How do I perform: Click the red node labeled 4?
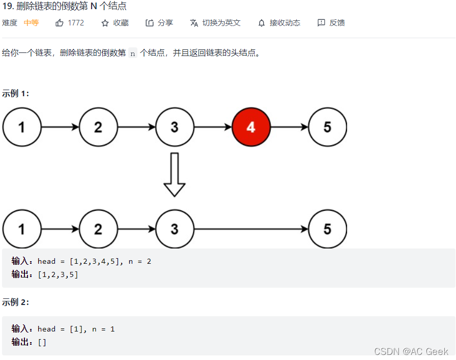coord(251,127)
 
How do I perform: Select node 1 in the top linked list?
coord(22,127)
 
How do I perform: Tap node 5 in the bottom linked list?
coord(327,229)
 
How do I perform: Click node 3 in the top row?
coord(175,127)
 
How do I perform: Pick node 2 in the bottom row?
coord(98,229)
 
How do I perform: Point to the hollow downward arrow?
coord(175,175)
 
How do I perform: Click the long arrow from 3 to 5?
coord(251,229)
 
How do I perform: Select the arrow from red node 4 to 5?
coord(289,127)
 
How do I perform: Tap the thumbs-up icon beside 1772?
coord(60,23)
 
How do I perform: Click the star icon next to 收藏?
coord(105,23)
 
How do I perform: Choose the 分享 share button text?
coord(165,23)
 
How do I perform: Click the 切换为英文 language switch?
coord(221,23)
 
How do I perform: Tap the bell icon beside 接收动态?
coord(262,23)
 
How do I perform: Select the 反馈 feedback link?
coord(337,23)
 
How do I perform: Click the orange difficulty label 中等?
coord(32,23)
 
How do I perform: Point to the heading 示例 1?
coord(16,93)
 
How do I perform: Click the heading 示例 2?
coord(16,302)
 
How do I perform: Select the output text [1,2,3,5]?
coord(58,275)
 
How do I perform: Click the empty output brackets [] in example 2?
coord(42,342)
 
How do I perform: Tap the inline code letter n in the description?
coord(133,53)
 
